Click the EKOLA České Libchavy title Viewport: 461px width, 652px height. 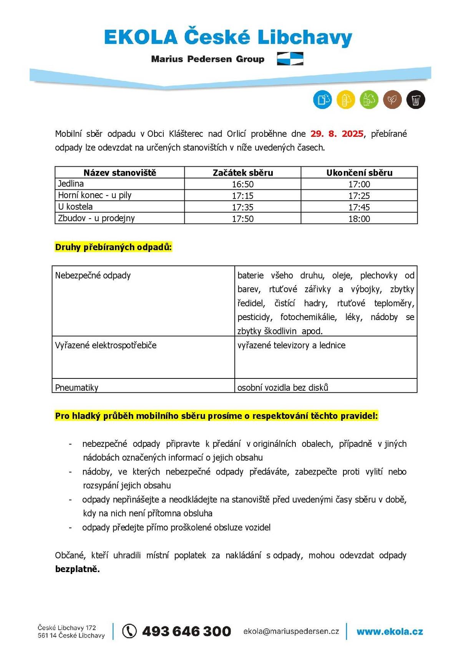228,38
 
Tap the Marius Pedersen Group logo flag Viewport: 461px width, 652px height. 290,59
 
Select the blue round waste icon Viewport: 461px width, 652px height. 322,100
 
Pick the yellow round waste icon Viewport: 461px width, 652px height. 346,100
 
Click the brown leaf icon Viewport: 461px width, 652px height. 392,100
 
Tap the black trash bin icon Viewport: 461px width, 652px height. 416,100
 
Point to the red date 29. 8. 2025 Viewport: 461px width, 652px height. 337,134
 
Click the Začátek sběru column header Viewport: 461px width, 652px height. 243,173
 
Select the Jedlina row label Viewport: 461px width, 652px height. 71,184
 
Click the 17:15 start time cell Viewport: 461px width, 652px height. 243,196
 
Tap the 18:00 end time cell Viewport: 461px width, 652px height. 359,219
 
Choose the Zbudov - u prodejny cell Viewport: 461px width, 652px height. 96,218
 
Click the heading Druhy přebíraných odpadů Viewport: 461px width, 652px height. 113,247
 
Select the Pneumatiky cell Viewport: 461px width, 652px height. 77,387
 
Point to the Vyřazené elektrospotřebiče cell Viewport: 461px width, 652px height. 106,345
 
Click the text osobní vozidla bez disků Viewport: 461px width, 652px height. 283,387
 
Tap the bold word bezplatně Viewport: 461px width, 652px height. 77,569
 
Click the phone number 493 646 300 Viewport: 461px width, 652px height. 186,631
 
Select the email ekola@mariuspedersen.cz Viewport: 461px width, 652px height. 291,631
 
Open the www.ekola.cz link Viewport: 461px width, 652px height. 390,631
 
